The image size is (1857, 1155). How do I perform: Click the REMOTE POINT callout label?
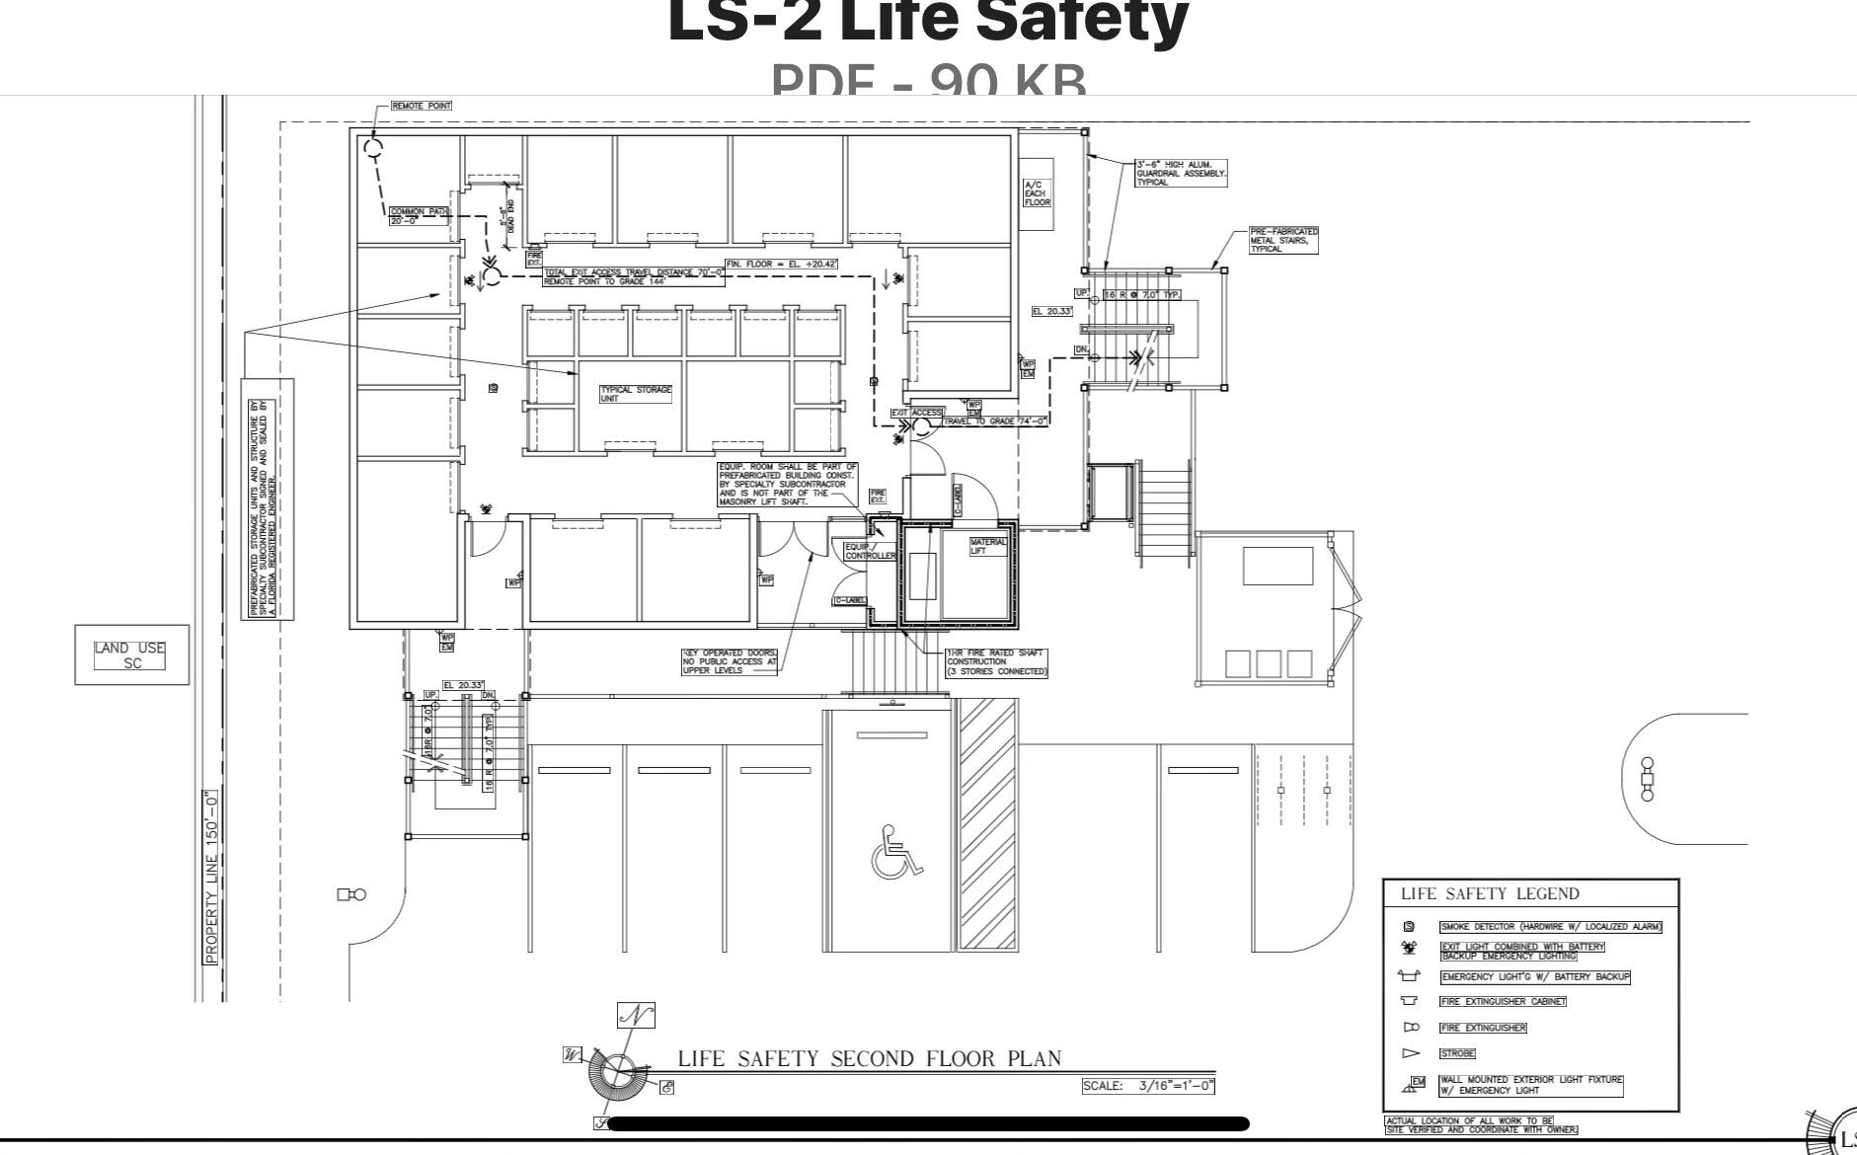click(x=422, y=106)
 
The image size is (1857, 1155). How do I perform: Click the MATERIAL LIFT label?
click(x=987, y=546)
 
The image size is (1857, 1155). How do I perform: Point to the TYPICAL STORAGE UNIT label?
click(x=636, y=393)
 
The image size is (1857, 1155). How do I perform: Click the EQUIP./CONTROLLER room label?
click(x=869, y=551)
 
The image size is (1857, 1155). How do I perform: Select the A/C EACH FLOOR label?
click(x=1037, y=193)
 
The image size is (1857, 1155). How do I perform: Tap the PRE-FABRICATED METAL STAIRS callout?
click(x=1283, y=240)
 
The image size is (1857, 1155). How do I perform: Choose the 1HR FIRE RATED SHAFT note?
click(x=996, y=662)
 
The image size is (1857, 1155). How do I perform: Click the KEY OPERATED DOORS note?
click(x=730, y=661)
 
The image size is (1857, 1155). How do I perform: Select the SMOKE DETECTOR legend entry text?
click(x=1550, y=927)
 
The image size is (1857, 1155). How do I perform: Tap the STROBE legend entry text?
click(x=1457, y=1053)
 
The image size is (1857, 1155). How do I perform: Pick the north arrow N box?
click(x=636, y=1015)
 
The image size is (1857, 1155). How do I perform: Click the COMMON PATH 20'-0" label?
click(x=419, y=215)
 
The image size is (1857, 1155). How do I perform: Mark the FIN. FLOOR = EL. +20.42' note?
click(x=781, y=265)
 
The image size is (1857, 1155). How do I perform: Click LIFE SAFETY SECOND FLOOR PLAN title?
click(x=869, y=1059)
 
